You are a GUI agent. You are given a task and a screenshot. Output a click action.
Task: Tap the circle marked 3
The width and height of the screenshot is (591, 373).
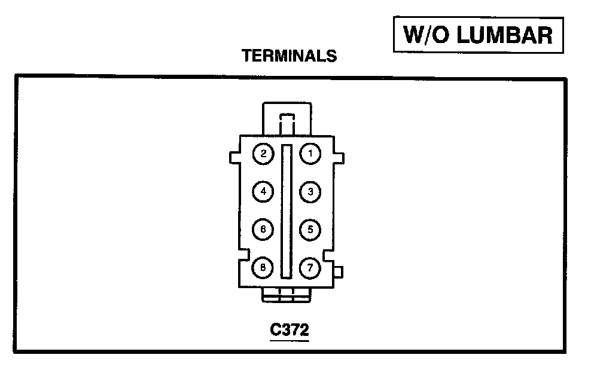pos(310,192)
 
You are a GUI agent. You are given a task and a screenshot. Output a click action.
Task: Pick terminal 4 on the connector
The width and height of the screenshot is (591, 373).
pos(263,192)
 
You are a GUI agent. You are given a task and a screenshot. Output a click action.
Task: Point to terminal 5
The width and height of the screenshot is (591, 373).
pos(310,230)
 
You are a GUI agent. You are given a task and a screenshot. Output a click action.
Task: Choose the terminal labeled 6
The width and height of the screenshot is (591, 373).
pos(263,230)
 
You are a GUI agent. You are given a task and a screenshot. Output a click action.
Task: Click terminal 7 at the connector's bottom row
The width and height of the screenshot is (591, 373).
pos(310,267)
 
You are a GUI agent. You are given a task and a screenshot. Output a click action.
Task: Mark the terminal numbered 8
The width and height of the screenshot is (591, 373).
pos(263,267)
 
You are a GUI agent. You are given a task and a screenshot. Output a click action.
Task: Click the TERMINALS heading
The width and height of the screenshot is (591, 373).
pos(289,56)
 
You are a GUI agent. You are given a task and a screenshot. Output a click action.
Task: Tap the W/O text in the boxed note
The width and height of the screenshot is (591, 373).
pos(422,35)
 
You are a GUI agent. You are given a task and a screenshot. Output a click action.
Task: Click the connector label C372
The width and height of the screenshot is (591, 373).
pos(290,329)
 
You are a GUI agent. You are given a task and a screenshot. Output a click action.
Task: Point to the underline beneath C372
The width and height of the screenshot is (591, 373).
pos(290,340)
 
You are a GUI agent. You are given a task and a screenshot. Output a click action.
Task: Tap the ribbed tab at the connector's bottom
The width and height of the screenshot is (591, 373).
pos(287,293)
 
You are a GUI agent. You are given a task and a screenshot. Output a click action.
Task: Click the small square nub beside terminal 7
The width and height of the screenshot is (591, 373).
pos(339,273)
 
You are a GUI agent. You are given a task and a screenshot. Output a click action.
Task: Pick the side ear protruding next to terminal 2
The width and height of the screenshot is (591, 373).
pos(234,157)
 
